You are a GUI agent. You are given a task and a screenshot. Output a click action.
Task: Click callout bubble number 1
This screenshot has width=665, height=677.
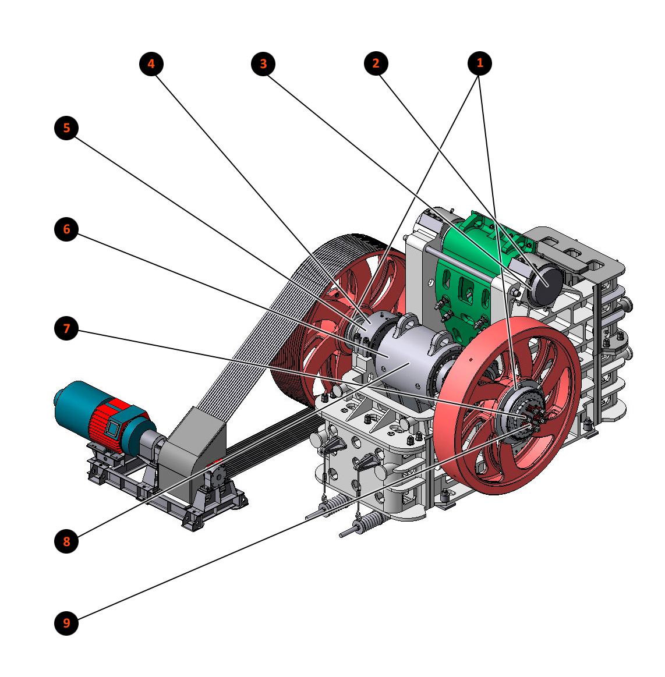(x=480, y=63)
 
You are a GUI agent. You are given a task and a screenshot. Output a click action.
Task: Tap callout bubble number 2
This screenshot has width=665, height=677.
(x=376, y=63)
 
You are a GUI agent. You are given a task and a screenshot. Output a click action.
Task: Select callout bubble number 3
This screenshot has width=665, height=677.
(x=263, y=64)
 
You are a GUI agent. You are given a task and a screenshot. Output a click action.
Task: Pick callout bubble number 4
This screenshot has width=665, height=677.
(x=151, y=64)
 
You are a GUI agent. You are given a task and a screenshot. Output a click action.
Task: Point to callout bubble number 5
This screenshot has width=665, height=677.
(x=66, y=128)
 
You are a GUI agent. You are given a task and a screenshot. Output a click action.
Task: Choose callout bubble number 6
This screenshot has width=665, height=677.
(x=66, y=229)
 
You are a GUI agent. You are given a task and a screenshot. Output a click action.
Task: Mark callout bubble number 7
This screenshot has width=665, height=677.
(x=66, y=328)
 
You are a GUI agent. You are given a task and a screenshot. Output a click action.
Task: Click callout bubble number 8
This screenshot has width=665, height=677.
(x=66, y=541)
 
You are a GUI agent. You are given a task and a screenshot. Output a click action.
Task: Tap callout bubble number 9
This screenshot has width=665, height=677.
(x=66, y=623)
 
